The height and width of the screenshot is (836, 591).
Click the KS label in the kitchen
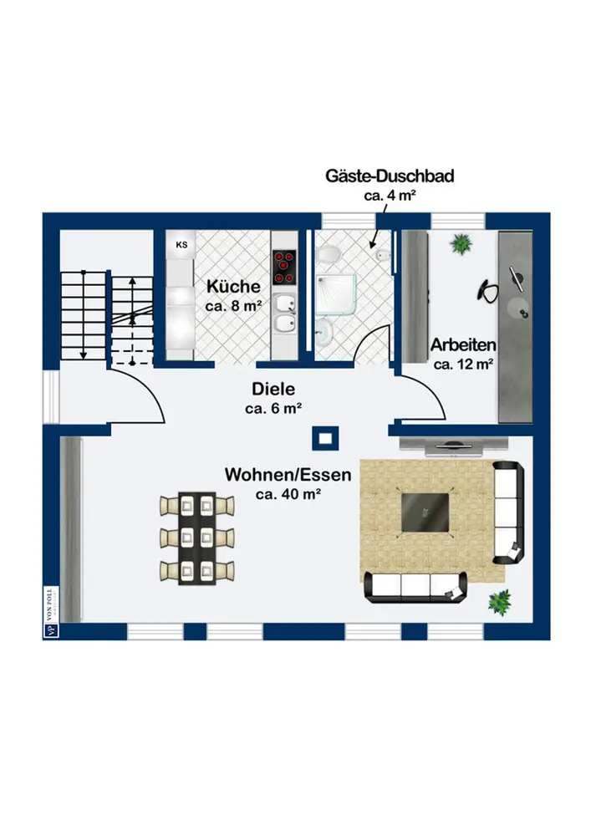pyautogui.click(x=181, y=246)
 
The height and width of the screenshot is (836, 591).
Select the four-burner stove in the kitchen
pyautogui.click(x=284, y=267)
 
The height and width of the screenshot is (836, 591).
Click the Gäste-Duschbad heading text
pyautogui.click(x=390, y=176)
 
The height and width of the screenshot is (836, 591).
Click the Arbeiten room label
pyautogui.click(x=463, y=344)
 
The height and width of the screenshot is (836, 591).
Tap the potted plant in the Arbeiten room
pyautogui.click(x=460, y=244)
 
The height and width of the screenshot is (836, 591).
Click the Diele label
pyautogui.click(x=273, y=390)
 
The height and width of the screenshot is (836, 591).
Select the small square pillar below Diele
pyautogui.click(x=323, y=437)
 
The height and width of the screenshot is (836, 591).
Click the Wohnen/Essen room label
pyautogui.click(x=288, y=475)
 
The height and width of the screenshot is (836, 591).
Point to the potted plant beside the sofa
pyautogui.click(x=500, y=600)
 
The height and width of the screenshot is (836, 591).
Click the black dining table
pyautogui.click(x=197, y=538)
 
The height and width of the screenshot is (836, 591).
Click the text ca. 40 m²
pyautogui.click(x=289, y=495)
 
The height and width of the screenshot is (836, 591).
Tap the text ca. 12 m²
pyautogui.click(x=463, y=364)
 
